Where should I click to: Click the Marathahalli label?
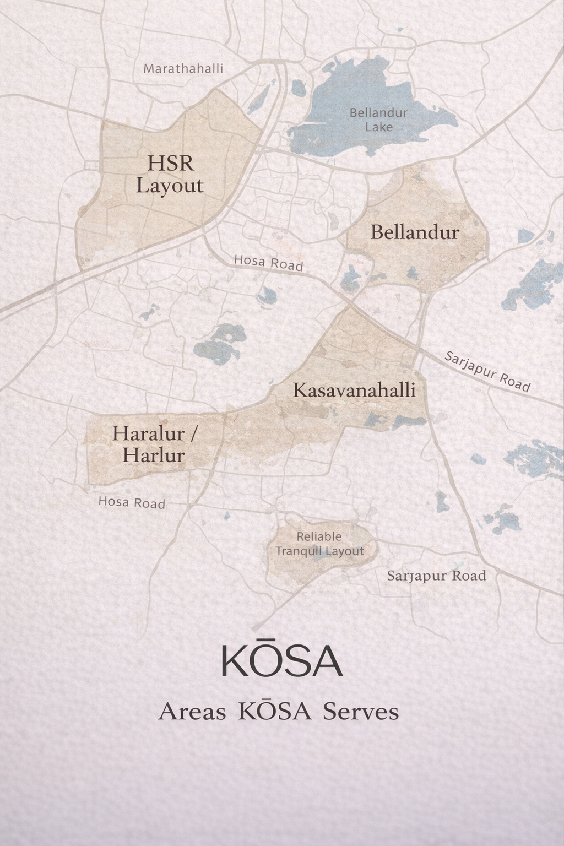pos(183,69)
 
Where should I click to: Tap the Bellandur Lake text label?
pos(378,120)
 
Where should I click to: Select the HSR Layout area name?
pos(170,174)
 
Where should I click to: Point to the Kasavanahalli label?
pos(354,390)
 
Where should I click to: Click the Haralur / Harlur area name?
pos(154,444)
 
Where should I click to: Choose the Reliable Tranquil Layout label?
pos(319,544)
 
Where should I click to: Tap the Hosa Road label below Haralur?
pos(132,502)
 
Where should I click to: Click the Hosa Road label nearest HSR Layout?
pos(268,263)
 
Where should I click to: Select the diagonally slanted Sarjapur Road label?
pos(487,372)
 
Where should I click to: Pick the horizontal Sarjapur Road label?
pos(436,576)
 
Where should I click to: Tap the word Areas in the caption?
pos(192,712)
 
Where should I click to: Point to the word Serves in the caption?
pos(361,712)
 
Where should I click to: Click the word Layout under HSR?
pos(170,185)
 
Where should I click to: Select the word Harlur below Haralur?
pos(154,455)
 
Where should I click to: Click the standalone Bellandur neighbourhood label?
pos(414,232)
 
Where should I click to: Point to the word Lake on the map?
pos(379,127)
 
